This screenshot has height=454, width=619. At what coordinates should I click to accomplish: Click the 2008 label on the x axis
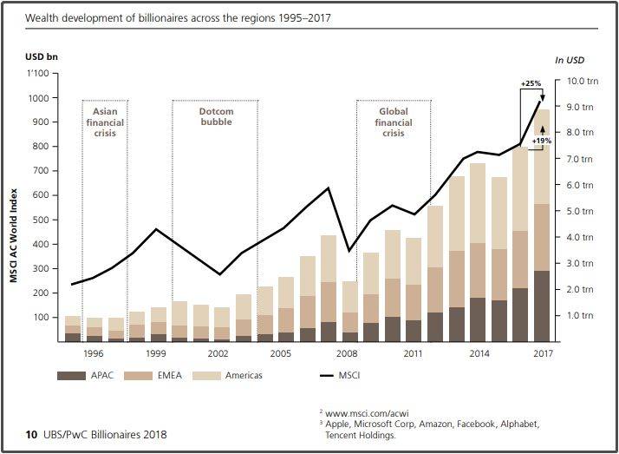[x=347, y=354]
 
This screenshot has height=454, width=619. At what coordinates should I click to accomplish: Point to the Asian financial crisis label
[x=104, y=122]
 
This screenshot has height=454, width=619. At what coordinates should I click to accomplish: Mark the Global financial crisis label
[x=394, y=122]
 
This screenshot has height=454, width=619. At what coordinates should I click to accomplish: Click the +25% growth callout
[x=531, y=83]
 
